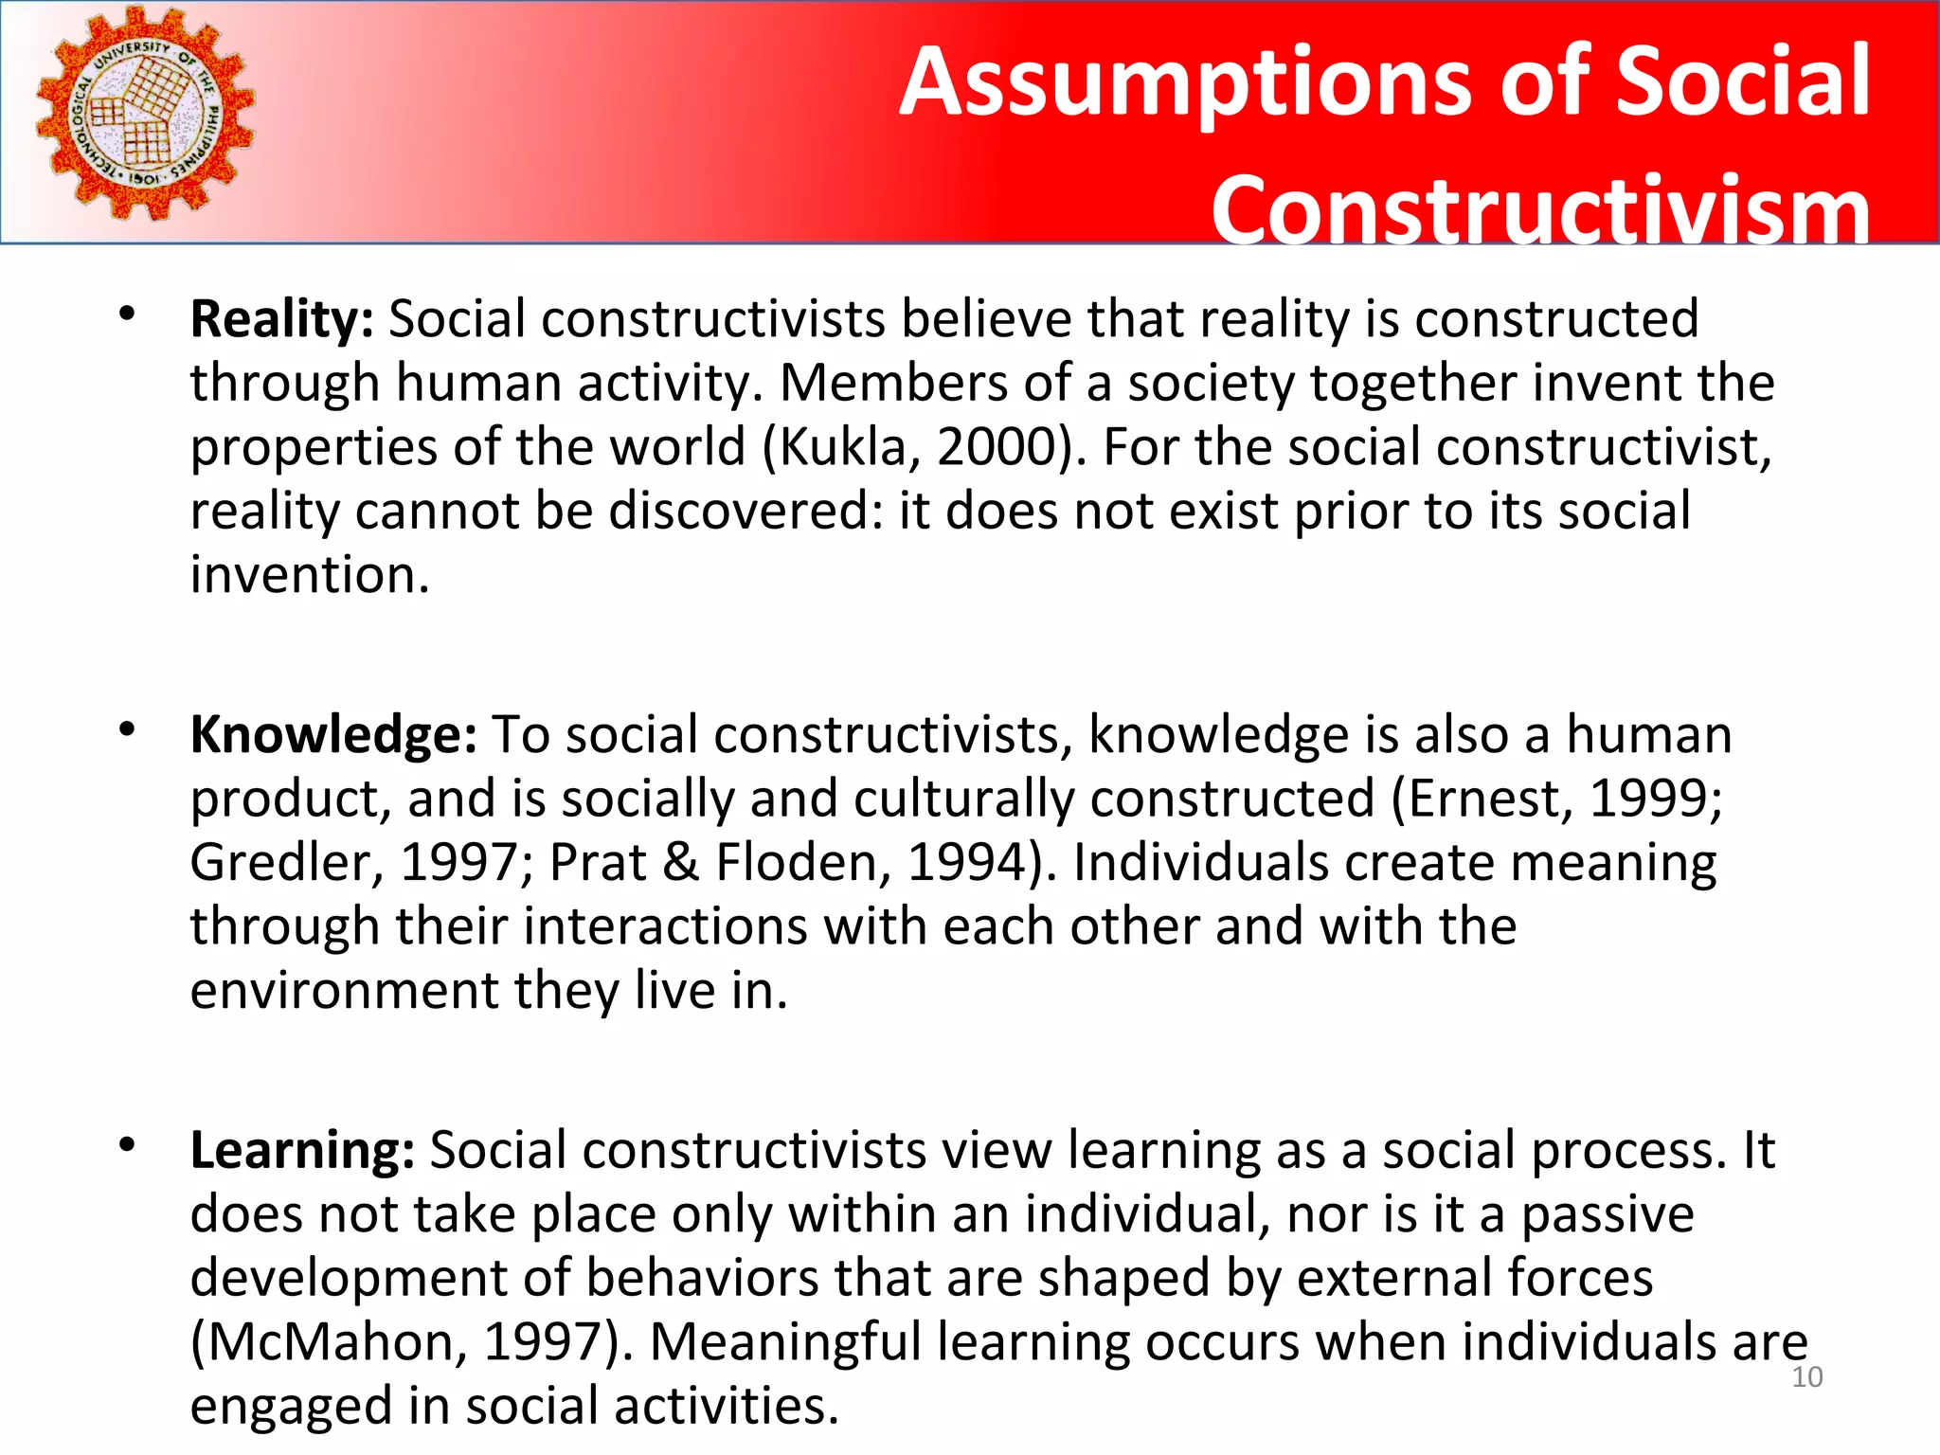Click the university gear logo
(145, 114)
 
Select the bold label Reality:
(282, 319)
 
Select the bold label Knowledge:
(333, 735)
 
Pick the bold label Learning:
(302, 1151)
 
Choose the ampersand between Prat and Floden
(680, 863)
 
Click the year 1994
(967, 863)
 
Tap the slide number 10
(1806, 1377)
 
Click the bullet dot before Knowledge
(128, 729)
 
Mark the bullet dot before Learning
(128, 1145)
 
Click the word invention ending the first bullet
(309, 576)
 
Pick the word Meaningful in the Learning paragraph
(785, 1342)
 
